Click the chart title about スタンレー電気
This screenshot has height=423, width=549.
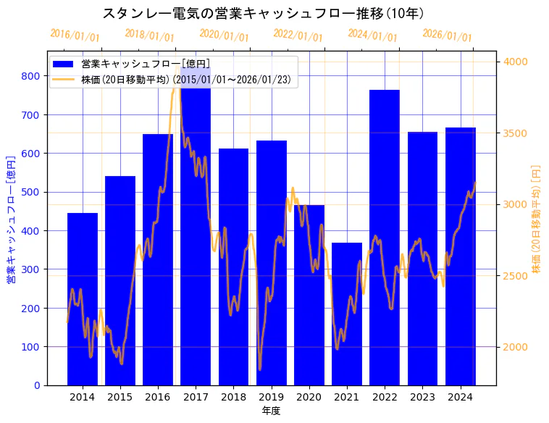tap(263, 13)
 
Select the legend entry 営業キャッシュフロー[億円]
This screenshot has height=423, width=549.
tap(146, 64)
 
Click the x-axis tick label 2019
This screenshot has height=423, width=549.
tap(272, 396)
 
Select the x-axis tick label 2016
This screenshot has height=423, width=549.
tap(158, 396)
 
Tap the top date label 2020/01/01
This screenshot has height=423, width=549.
tap(224, 35)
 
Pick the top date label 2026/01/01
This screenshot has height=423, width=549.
tap(447, 35)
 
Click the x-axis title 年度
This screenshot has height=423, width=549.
tap(272, 411)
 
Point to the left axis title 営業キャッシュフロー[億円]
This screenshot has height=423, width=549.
tap(11, 219)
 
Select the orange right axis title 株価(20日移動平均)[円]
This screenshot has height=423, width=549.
tap(537, 219)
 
